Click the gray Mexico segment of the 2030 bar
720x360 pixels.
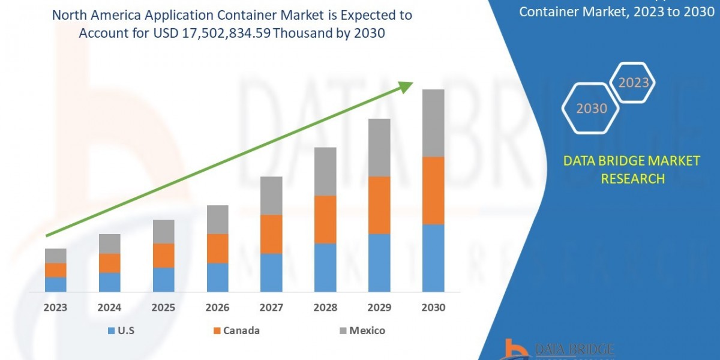[x=433, y=123]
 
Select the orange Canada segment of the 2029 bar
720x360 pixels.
[x=379, y=205]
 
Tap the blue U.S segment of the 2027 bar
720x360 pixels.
[x=271, y=272]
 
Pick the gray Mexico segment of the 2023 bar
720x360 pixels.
[x=55, y=256]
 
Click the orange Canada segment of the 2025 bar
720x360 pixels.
[x=163, y=255]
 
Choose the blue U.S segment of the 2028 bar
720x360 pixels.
[x=325, y=268]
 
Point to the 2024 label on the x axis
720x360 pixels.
[x=109, y=307]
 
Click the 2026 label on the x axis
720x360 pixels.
[x=217, y=307]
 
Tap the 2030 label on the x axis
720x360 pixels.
[x=433, y=307]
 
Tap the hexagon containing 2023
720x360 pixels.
[x=633, y=83]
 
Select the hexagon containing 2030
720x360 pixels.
[x=591, y=109]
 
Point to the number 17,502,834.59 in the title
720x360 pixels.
[x=223, y=34]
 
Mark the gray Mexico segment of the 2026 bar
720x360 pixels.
[x=217, y=219]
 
